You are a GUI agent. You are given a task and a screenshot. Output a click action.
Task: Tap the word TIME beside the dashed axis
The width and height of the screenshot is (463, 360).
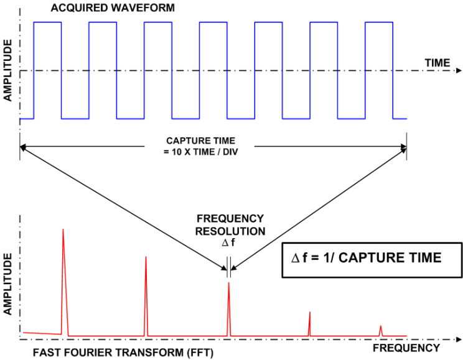(437, 63)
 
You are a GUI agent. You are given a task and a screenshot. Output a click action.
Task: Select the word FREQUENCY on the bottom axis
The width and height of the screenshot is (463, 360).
(407, 348)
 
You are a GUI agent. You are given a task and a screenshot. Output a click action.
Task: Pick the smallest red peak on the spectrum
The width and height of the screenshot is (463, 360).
(381, 327)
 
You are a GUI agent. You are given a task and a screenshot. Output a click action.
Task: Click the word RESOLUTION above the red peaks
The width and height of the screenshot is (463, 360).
(231, 231)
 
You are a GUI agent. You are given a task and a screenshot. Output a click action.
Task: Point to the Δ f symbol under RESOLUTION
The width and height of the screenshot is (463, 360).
(230, 242)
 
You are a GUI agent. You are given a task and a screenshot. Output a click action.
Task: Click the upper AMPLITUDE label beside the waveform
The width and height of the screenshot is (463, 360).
(8, 71)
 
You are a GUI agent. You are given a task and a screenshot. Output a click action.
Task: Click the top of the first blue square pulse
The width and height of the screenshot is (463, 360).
(48, 22)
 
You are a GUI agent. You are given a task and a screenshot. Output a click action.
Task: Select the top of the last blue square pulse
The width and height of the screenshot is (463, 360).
(379, 22)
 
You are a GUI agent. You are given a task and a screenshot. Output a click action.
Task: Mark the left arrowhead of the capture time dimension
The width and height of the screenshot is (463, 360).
(22, 147)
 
